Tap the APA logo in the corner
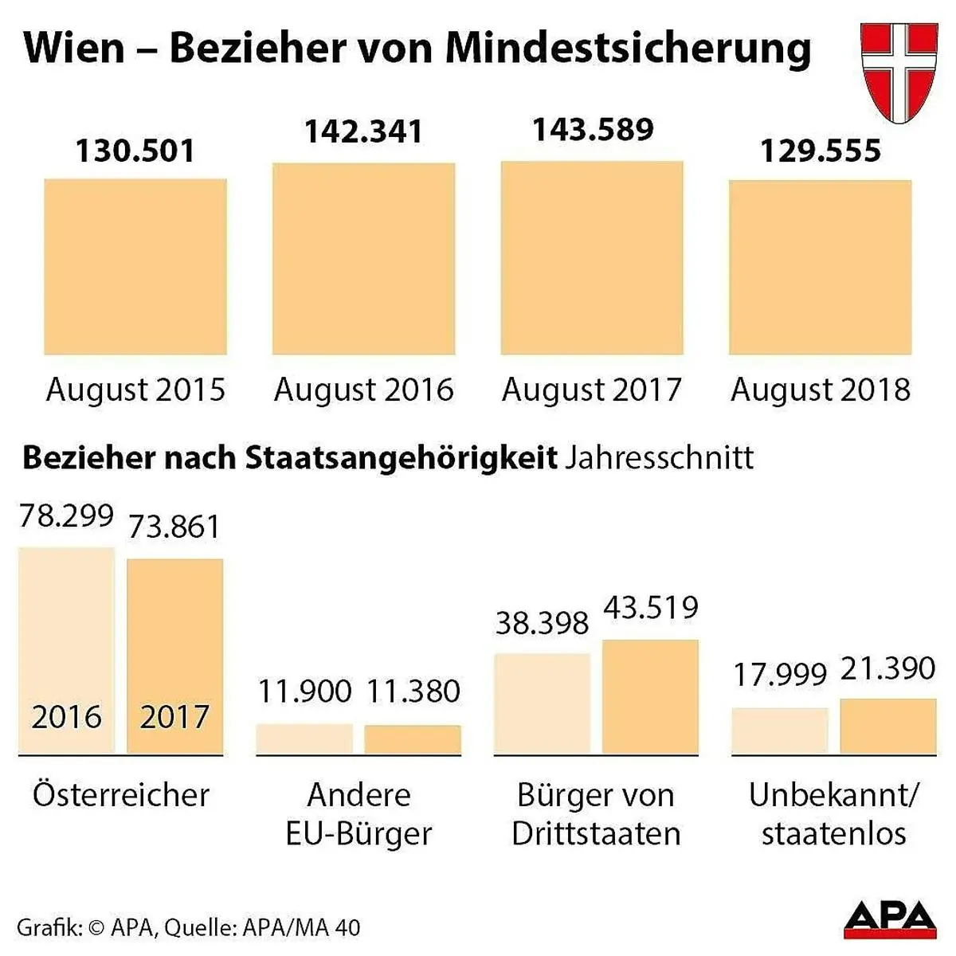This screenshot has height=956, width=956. [x=890, y=919]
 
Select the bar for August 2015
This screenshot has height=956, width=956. [x=135, y=266]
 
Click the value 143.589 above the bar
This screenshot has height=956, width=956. [x=593, y=130]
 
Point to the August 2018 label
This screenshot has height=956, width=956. [x=820, y=390]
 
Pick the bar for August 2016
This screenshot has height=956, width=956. [x=363, y=259]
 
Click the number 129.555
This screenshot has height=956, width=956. [x=821, y=151]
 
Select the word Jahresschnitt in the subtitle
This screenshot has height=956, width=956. [x=659, y=458]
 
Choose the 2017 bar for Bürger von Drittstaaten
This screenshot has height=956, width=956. [x=650, y=697]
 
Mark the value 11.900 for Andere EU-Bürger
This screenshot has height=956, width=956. [x=304, y=691]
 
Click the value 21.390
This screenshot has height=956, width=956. [x=887, y=668]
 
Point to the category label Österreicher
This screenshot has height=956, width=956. [x=120, y=794]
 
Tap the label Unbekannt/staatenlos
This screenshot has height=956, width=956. [x=833, y=813]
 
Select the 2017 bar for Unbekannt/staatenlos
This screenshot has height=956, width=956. [x=887, y=726]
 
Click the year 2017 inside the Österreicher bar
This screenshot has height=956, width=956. [x=174, y=717]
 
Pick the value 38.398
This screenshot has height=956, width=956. [x=542, y=622]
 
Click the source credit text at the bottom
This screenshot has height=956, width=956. [x=188, y=927]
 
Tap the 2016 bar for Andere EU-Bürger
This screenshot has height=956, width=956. [x=304, y=739]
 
